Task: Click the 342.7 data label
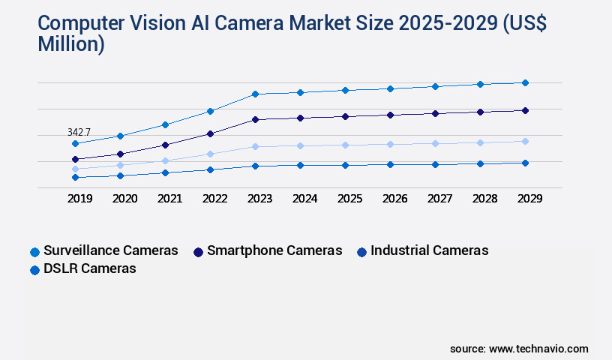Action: point(79,132)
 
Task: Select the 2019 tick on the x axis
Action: point(79,199)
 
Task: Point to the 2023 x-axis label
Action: point(259,199)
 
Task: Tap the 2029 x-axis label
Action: point(529,199)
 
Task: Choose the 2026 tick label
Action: point(394,199)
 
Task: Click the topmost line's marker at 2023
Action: point(255,94)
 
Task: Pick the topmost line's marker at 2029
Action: point(525,82)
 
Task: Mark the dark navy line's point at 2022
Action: point(210,133)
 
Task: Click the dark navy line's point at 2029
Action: point(525,110)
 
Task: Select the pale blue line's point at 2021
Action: point(165,160)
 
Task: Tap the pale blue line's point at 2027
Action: point(435,143)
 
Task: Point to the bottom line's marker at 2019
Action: point(75,177)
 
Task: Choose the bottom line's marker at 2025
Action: point(345,165)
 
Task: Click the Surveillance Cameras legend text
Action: point(111,250)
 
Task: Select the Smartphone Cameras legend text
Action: point(274,250)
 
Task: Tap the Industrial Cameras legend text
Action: point(429,250)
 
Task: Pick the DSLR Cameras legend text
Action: point(90,268)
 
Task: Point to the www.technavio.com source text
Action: point(538,349)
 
